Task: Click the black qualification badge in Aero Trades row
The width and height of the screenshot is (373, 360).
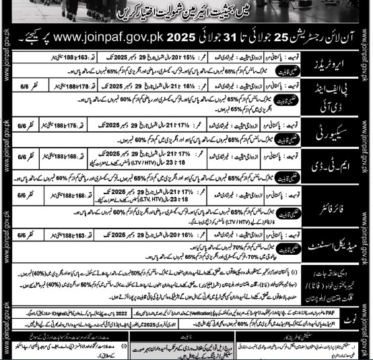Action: pyautogui.click(x=287, y=67)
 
